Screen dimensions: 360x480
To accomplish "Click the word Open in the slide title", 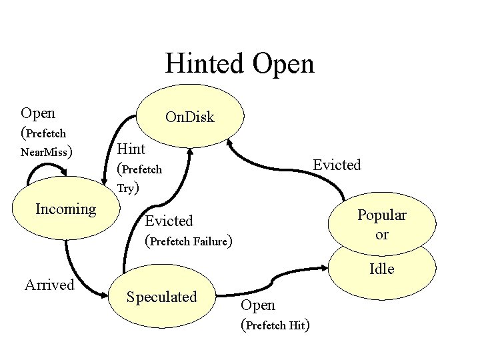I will click(283, 64).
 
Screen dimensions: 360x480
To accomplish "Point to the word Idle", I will click(382, 269).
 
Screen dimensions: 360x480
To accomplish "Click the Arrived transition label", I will click(49, 285).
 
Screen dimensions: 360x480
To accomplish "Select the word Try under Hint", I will click(126, 188).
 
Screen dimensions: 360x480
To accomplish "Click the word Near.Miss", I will click(45, 152).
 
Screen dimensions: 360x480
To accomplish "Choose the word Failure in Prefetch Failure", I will click(209, 241).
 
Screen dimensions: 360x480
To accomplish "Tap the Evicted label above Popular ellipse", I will click(337, 165).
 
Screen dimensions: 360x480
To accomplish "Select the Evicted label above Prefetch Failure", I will click(169, 221).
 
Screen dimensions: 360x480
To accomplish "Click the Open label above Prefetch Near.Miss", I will click(38, 113).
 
